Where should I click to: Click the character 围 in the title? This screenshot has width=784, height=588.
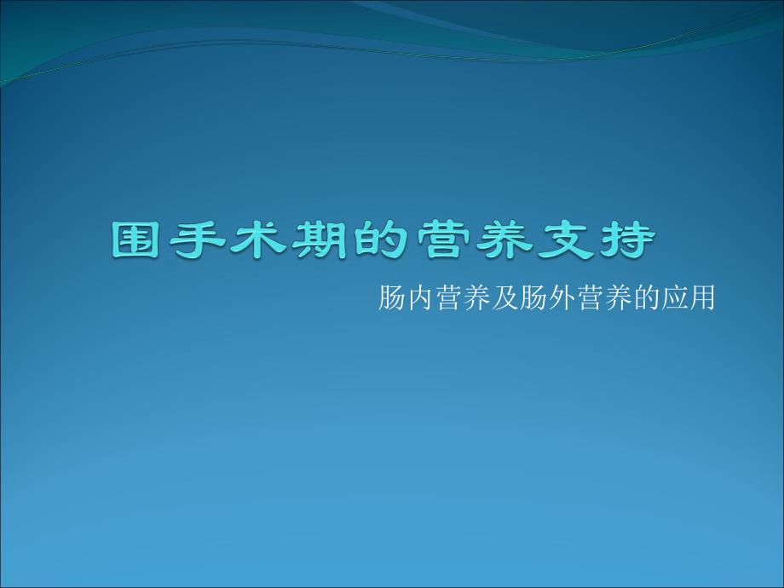click(x=136, y=241)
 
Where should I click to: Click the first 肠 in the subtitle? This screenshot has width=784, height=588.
click(x=392, y=299)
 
